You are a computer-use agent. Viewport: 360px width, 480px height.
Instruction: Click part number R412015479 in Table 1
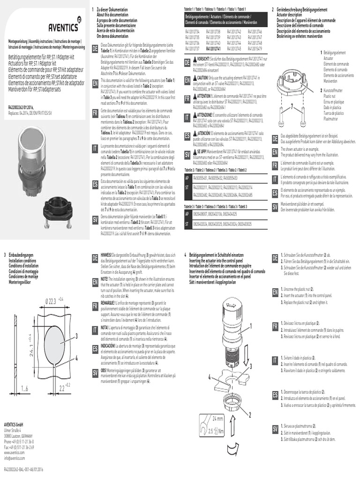pos(255,48)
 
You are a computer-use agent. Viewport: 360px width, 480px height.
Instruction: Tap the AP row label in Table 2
pos(187,178)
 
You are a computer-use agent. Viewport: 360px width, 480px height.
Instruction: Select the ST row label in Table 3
pos(187,224)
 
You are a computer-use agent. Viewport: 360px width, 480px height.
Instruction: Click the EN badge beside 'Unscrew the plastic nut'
pos(276,293)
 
